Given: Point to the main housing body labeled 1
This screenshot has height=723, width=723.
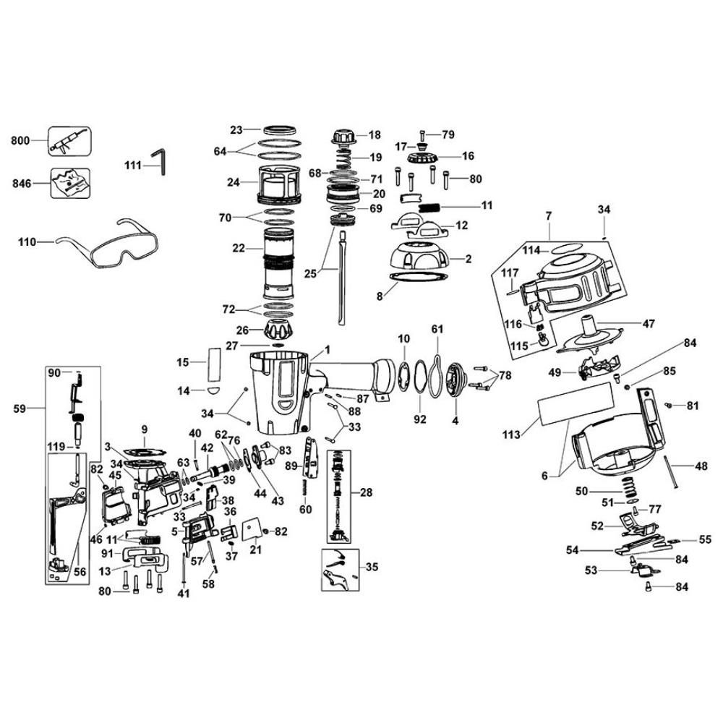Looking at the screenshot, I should [x=282, y=390].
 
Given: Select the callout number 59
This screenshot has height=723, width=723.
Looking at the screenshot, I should [x=21, y=408].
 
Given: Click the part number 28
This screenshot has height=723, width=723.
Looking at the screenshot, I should [x=366, y=492].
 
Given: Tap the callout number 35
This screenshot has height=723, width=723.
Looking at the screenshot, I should [x=372, y=566].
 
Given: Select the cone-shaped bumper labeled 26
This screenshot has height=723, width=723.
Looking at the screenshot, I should [x=279, y=332].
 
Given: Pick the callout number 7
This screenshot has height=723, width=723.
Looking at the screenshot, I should [x=549, y=215].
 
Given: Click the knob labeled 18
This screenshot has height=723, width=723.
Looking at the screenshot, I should [x=344, y=136].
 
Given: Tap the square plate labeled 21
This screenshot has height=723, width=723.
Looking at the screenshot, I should [x=252, y=531].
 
